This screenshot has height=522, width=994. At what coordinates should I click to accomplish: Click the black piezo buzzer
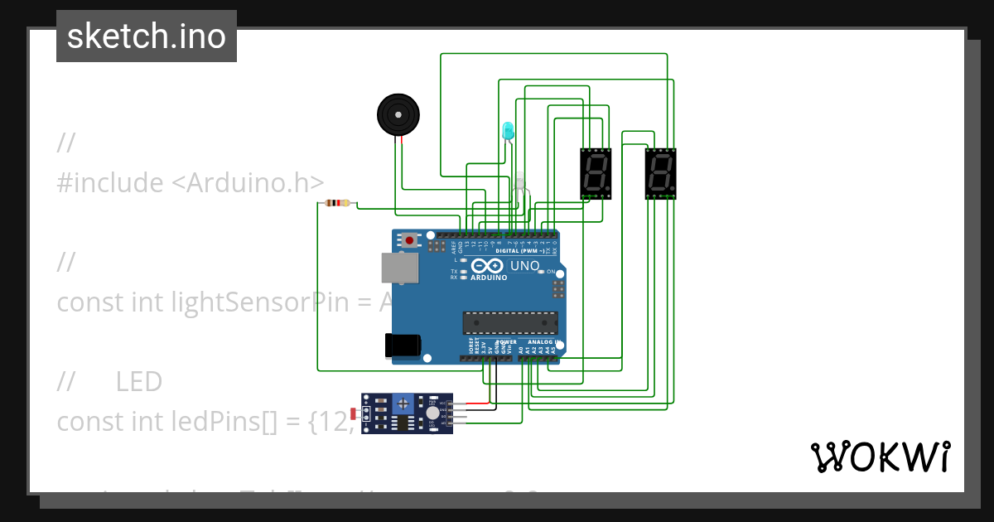tap(398, 115)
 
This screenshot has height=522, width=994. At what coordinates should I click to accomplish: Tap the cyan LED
tap(508, 130)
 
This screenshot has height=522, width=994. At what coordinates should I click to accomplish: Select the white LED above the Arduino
tap(520, 184)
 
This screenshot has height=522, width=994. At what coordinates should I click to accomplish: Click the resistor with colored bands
tap(338, 203)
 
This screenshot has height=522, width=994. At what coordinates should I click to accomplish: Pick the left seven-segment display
tap(596, 174)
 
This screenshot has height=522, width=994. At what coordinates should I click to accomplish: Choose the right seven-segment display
tap(661, 174)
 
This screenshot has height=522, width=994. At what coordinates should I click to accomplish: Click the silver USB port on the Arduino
tap(399, 267)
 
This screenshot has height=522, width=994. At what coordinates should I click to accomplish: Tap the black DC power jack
tap(403, 346)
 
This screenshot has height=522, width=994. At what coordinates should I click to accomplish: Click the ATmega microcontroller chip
tap(509, 322)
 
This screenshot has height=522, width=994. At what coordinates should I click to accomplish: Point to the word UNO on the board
tap(524, 266)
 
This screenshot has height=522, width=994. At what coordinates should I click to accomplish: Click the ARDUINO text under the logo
tap(489, 278)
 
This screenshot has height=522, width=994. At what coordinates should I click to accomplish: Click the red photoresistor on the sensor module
tap(355, 413)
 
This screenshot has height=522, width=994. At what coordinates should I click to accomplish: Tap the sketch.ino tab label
tap(147, 36)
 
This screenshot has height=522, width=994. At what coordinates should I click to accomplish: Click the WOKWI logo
tap(879, 457)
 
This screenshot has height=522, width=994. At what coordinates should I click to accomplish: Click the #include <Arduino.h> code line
tap(190, 182)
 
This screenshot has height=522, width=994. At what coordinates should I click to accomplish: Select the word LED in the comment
tap(139, 382)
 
